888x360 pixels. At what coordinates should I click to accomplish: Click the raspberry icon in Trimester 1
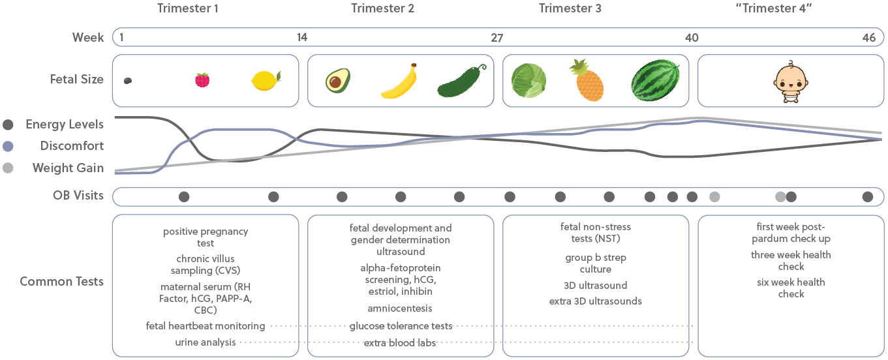pos(202,80)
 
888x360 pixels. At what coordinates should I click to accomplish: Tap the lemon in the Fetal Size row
pos(266,80)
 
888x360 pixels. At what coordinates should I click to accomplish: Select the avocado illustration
pos(338,81)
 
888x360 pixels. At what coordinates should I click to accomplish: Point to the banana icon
pos(399,82)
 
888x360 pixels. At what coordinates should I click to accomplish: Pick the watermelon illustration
pos(655,81)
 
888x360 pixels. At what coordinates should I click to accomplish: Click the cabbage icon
pos(528,81)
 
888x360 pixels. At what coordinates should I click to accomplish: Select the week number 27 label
pos(497,38)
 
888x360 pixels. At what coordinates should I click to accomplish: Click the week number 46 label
pos(868,38)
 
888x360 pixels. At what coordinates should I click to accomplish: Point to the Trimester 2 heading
pos(382,8)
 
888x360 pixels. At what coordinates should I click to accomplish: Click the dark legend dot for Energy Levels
pos(8,125)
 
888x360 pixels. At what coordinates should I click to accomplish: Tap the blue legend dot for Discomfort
pos(8,146)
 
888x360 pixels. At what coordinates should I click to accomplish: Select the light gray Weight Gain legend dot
pos(8,168)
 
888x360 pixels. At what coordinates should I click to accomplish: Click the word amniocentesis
pos(400,308)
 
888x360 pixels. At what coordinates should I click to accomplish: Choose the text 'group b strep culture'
pos(595,263)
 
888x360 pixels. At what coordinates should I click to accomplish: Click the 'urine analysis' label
pos(205,342)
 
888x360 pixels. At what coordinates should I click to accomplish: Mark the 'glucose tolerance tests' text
pos(401,325)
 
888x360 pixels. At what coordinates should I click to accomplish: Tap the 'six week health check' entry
pos(791,288)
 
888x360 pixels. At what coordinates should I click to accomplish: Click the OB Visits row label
pos(78,195)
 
